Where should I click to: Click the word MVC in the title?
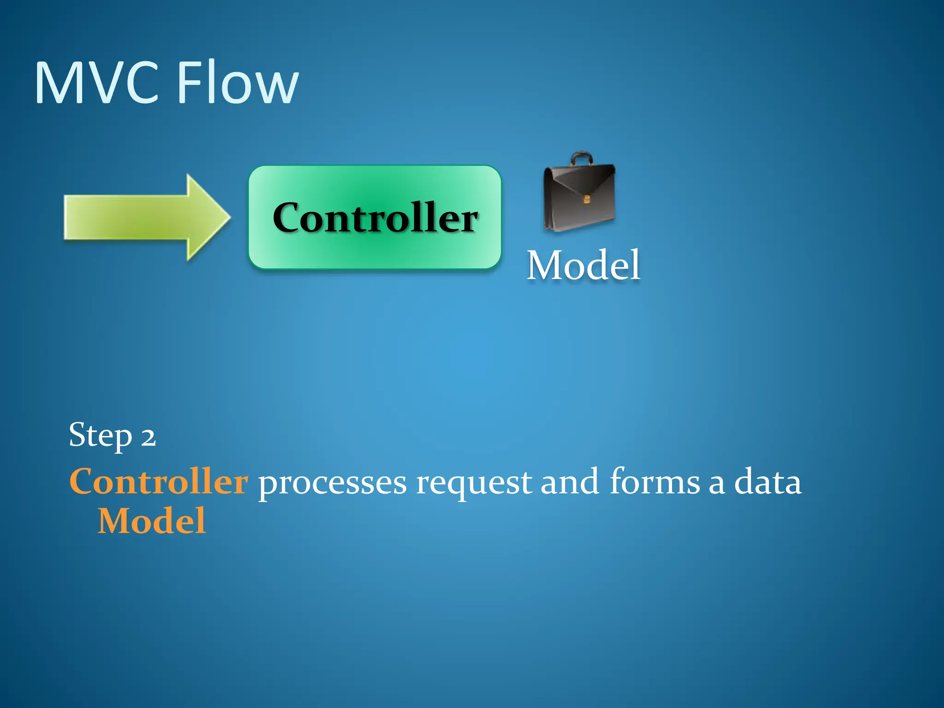(x=97, y=83)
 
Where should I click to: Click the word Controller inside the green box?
(x=375, y=218)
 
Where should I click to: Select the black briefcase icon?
(x=579, y=196)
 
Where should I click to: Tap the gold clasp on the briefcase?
(x=586, y=199)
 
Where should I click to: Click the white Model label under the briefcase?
(x=584, y=265)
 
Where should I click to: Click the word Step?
(x=100, y=435)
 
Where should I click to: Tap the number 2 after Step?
(x=148, y=437)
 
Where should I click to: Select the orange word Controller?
(x=159, y=482)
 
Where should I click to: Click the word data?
(x=767, y=482)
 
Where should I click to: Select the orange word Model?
(x=152, y=521)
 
